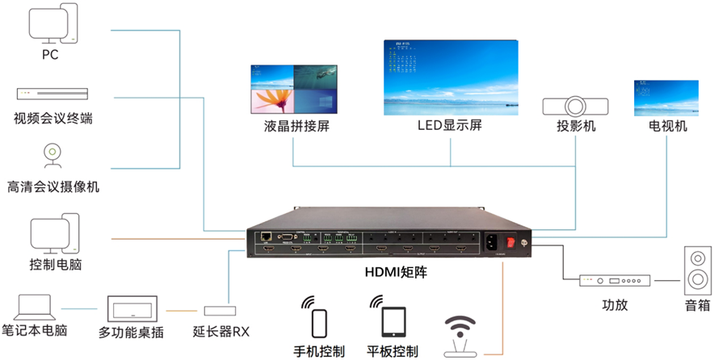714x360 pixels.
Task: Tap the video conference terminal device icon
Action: (52, 94)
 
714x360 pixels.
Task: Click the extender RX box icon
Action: (220, 311)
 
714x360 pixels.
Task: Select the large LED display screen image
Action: (450, 74)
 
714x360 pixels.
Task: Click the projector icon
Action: (576, 106)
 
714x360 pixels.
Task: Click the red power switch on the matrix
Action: (510, 241)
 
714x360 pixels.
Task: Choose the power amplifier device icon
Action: (615, 282)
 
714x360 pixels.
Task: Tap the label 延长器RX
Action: (220, 331)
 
